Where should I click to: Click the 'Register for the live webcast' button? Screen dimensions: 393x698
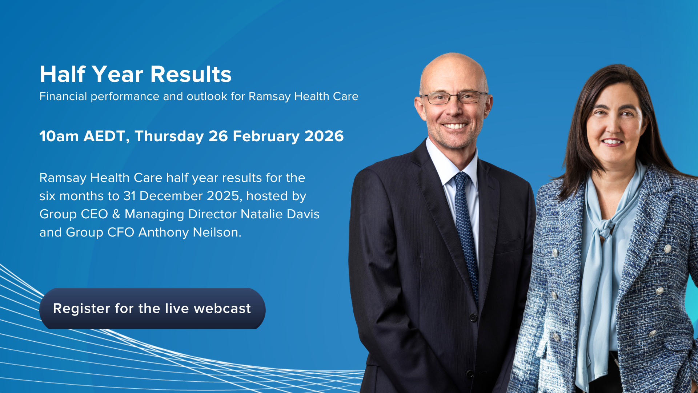[152, 309]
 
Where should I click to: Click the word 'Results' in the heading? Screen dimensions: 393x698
[191, 74]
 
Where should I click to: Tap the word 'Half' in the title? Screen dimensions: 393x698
[63, 74]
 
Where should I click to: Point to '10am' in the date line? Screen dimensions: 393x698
[59, 136]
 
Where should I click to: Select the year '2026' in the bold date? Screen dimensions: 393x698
[324, 136]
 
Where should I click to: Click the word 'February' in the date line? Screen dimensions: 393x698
[266, 136]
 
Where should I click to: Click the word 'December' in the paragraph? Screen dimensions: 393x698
[171, 196]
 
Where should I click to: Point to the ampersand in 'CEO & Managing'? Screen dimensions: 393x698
[116, 214]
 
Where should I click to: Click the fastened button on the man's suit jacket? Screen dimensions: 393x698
[473, 318]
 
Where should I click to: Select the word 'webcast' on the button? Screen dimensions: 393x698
[222, 309]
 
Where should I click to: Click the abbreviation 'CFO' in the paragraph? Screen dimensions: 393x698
[121, 232]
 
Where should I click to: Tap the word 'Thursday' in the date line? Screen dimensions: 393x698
[169, 136]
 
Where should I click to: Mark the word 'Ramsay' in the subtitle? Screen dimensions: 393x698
[269, 96]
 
